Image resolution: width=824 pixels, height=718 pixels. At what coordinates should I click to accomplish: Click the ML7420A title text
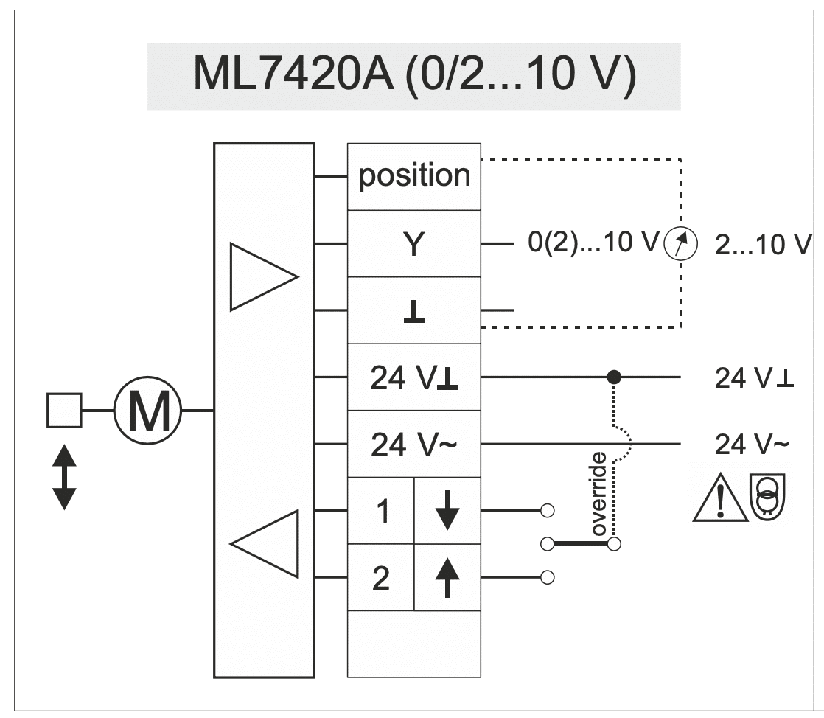tap(415, 74)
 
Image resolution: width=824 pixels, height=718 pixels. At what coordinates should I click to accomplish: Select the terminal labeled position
tap(414, 177)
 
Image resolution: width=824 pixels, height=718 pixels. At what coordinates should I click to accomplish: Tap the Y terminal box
tap(414, 243)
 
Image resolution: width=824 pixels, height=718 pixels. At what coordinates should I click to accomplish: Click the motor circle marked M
tap(147, 410)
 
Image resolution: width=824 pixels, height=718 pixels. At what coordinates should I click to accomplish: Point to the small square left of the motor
tap(64, 410)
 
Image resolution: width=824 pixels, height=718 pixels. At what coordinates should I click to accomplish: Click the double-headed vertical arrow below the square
tap(65, 477)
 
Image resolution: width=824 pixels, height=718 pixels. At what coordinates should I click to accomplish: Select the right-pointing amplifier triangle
tap(264, 276)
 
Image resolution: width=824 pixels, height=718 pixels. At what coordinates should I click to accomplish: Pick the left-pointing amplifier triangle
tap(265, 543)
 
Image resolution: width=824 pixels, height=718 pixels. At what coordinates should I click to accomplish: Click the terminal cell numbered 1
tap(381, 510)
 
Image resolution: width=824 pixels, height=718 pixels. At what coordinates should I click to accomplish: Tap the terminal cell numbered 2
tap(381, 577)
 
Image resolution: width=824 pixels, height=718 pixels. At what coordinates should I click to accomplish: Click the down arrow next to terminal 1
tap(447, 510)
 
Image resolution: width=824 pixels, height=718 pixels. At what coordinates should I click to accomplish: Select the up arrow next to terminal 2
tap(447, 577)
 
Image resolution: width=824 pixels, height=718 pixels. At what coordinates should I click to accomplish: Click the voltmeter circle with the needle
tap(680, 244)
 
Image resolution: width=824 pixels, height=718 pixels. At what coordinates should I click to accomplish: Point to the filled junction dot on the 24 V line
tap(614, 377)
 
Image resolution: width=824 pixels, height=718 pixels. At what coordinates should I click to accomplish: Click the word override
tap(599, 494)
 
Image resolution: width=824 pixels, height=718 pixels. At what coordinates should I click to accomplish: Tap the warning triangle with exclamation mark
tap(720, 498)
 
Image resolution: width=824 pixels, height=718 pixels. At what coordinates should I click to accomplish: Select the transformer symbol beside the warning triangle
tap(767, 495)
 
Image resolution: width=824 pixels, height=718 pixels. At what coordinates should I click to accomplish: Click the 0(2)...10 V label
tap(593, 242)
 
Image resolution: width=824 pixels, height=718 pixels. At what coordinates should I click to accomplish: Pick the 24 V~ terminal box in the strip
tap(414, 444)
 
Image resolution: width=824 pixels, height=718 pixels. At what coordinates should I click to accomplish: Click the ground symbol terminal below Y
tap(414, 310)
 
